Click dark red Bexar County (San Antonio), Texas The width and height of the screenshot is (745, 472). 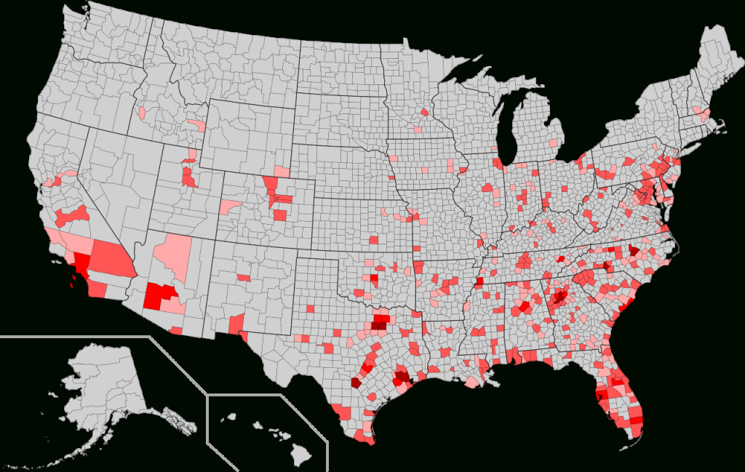click(356, 382)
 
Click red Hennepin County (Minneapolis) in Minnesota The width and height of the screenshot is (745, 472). click(424, 113)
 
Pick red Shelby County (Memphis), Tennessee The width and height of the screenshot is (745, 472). click(477, 284)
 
